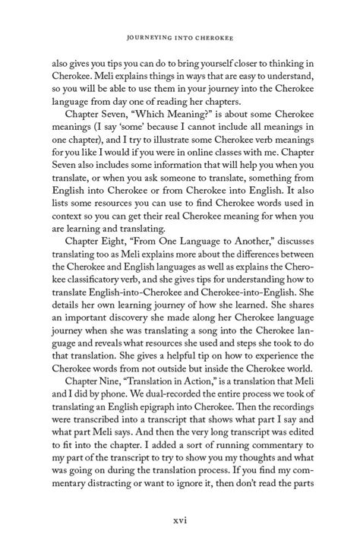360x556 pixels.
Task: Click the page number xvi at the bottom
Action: (180, 521)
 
